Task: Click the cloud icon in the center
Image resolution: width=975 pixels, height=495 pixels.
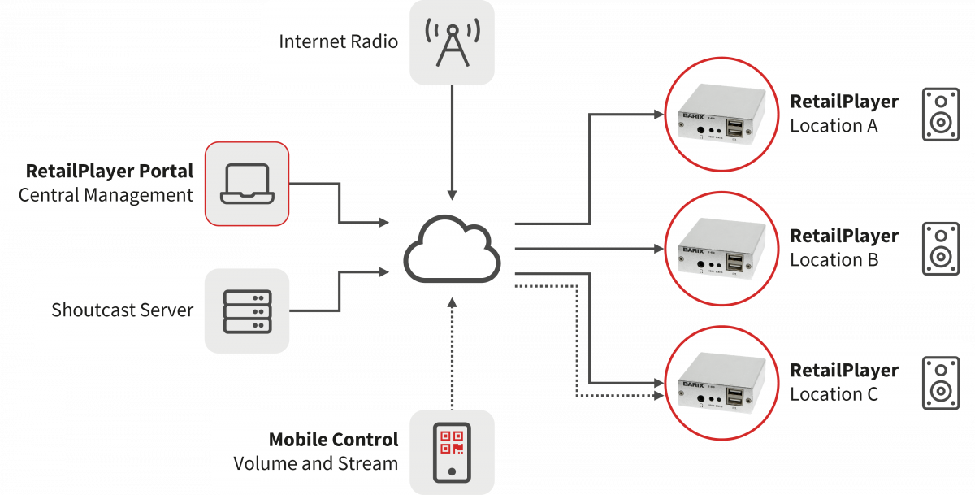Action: [x=453, y=248]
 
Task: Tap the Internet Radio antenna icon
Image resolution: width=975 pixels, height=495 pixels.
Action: [x=453, y=41]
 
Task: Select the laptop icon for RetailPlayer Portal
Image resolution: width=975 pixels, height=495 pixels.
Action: [x=247, y=184]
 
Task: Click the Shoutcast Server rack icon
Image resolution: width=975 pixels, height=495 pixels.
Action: [x=247, y=310]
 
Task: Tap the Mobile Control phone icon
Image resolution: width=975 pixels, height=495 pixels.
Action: [x=453, y=451]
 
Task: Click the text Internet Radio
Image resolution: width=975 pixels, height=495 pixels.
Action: [x=339, y=41]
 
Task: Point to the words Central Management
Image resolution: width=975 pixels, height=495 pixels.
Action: [x=106, y=195]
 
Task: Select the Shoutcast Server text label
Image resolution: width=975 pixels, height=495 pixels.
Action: [x=123, y=310]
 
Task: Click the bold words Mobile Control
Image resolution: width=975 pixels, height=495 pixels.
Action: [x=334, y=440]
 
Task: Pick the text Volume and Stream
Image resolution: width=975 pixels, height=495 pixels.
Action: [x=316, y=464]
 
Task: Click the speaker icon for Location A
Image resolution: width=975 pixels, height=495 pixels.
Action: [x=940, y=114]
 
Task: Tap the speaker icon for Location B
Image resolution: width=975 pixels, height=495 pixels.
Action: [x=940, y=248]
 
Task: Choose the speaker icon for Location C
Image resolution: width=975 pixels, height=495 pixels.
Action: [x=940, y=382]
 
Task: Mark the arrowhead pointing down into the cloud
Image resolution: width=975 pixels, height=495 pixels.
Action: [x=453, y=197]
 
